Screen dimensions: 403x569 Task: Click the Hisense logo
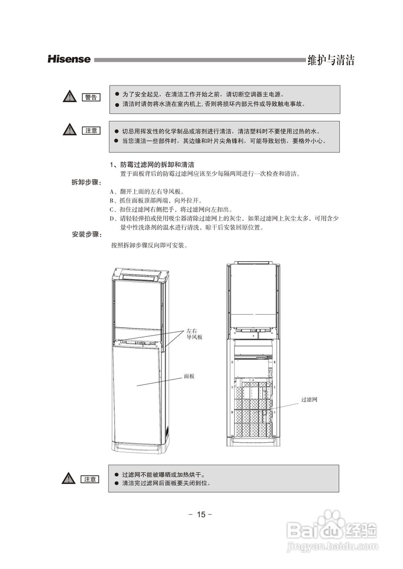coord(69,59)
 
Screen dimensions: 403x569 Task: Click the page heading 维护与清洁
coord(330,60)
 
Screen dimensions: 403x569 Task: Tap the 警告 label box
coord(91,97)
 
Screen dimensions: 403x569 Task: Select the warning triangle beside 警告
coord(69,96)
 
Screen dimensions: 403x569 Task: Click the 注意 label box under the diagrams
coord(90,479)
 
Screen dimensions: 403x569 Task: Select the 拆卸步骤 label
coord(86,183)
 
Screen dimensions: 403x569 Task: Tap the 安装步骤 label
coord(86,234)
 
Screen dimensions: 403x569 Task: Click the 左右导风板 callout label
coord(194,334)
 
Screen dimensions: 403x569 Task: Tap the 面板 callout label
coord(189,376)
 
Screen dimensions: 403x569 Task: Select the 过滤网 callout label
coord(309,400)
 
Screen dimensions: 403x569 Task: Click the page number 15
coord(201,514)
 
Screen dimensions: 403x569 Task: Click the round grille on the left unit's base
coord(167,431)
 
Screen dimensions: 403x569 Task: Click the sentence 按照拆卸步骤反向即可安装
coord(149,245)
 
